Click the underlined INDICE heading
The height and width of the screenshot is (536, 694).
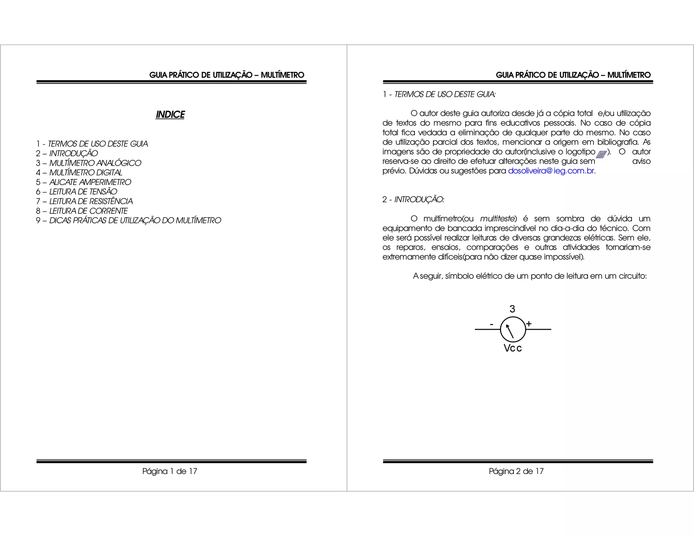(x=170, y=115)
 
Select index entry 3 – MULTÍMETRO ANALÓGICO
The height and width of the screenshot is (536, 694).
(x=88, y=163)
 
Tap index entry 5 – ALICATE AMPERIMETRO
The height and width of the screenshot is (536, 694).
(x=83, y=182)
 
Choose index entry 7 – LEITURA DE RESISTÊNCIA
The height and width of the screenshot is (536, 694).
(x=84, y=201)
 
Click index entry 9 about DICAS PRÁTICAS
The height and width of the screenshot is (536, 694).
(x=128, y=221)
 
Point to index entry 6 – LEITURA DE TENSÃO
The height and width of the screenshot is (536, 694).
(x=77, y=192)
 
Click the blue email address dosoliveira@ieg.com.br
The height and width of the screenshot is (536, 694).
(x=551, y=171)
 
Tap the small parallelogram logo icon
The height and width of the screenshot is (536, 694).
(x=601, y=154)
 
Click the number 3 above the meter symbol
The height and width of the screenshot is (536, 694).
(x=512, y=309)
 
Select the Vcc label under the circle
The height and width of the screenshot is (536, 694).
(x=512, y=348)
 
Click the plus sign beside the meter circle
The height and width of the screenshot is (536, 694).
(x=529, y=324)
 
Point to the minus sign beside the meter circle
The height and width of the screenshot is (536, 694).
(x=492, y=324)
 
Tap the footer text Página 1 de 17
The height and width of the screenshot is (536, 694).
(x=170, y=471)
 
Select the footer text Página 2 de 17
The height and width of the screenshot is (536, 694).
(x=516, y=471)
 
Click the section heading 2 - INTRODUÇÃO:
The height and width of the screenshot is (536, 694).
(x=413, y=200)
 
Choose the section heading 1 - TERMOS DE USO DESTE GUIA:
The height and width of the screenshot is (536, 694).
(x=439, y=95)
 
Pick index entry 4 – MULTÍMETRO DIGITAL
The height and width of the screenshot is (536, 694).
(x=79, y=173)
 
